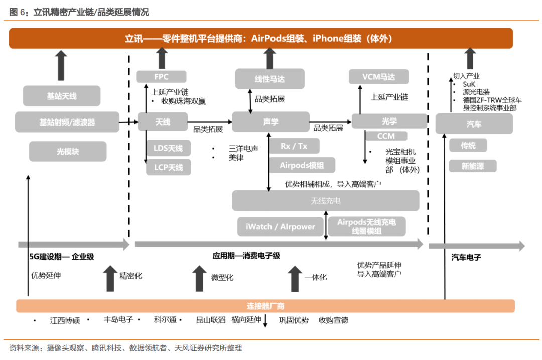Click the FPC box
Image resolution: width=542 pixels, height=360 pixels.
point(161,77)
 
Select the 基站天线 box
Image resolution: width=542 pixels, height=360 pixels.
point(61,96)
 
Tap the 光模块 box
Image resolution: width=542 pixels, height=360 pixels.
point(68,151)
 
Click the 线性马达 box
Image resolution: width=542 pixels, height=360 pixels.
point(263,79)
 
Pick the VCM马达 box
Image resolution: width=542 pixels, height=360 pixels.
point(378,77)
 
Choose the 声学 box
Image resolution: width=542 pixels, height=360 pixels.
point(270,122)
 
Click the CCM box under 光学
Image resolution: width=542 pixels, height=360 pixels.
point(386,136)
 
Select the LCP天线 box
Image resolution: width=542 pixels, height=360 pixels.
point(168,167)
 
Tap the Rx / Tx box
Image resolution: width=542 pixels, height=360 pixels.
point(294,146)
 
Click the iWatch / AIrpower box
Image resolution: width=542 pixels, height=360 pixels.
point(281,226)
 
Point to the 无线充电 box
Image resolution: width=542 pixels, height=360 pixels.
point(325,201)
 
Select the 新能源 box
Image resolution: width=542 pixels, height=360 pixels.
point(472,166)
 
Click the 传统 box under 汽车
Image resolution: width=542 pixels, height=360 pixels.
point(468,146)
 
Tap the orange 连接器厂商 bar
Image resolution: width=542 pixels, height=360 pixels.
point(265,306)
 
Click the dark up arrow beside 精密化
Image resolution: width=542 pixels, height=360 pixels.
point(110,279)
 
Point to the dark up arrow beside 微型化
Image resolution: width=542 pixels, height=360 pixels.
point(199,279)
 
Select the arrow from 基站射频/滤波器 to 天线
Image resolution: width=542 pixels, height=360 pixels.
point(128,122)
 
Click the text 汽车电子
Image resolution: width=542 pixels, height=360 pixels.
point(466,257)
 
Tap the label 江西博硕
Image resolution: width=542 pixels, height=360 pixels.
point(65,320)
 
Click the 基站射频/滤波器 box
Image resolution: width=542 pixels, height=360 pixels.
point(67,122)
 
